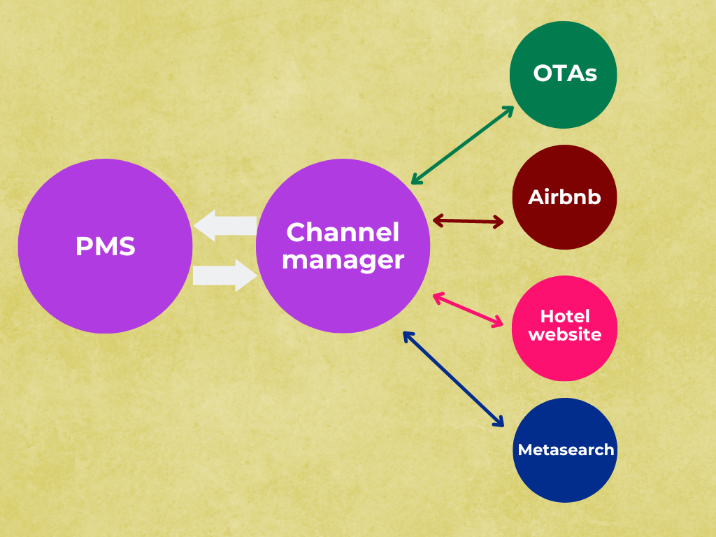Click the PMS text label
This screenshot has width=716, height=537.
[x=105, y=247]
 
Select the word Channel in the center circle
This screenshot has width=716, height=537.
[x=343, y=232]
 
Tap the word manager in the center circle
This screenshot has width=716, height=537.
[x=343, y=260]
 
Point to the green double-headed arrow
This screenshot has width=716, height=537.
[x=462, y=145]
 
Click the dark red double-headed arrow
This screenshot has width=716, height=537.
[x=468, y=222]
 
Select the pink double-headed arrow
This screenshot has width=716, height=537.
[x=468, y=310]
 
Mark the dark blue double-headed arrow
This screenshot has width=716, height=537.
[x=453, y=378]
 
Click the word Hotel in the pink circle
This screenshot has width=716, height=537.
[x=565, y=317]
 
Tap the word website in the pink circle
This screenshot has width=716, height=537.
[x=565, y=335]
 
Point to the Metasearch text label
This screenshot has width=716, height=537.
[x=565, y=450]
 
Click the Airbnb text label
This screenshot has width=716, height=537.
[x=564, y=197]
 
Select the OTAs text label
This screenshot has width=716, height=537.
[x=565, y=73]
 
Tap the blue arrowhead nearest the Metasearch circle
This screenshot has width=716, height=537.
[x=499, y=422]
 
